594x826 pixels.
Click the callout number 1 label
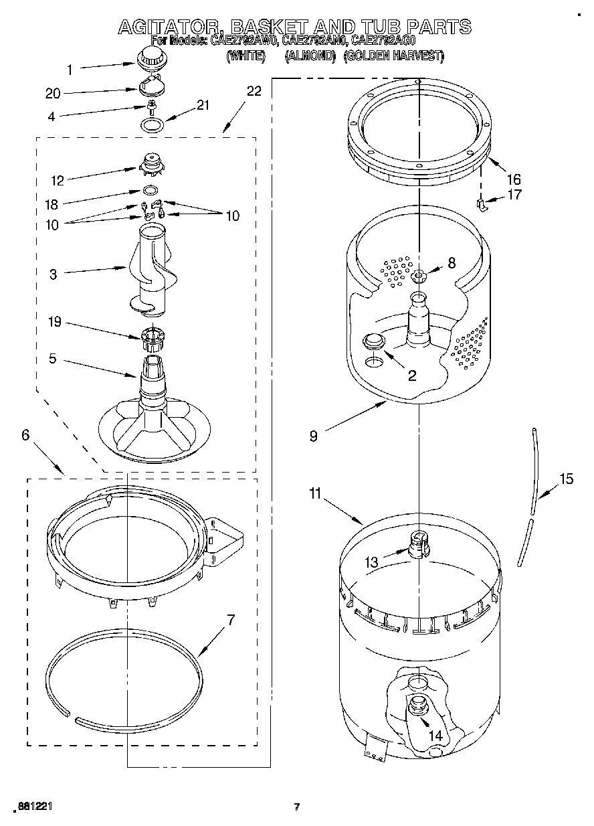70,68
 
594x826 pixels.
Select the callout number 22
254,92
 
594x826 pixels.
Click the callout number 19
54,323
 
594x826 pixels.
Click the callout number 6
25,434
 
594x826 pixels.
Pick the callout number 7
231,619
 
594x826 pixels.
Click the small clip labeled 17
481,204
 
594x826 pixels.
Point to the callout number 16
513,179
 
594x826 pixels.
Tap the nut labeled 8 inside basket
419,275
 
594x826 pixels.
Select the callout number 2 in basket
411,376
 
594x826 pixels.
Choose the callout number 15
566,479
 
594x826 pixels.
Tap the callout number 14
435,735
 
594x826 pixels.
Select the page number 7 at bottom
297,807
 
